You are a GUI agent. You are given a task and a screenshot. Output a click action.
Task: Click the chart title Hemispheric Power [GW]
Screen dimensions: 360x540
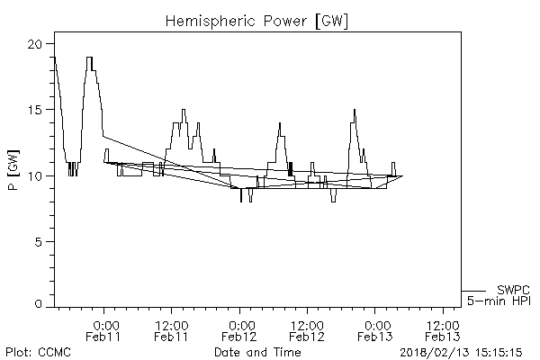[270, 19]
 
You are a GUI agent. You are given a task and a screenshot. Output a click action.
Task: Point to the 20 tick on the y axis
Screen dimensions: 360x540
[34, 44]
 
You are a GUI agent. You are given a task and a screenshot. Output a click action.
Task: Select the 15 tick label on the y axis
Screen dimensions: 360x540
[35, 110]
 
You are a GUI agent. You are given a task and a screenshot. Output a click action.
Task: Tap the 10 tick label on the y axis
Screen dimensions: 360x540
[35, 175]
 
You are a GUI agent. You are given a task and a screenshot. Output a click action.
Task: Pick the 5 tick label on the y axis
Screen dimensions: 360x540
[39, 241]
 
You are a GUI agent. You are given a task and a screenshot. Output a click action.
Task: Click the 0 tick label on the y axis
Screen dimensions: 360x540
[39, 306]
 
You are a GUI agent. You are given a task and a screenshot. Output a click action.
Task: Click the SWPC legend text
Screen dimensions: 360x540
[513, 290]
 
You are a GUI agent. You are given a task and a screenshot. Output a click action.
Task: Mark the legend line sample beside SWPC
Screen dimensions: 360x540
[475, 291]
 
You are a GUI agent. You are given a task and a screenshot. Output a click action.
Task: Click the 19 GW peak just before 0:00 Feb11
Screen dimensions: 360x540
[89, 58]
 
